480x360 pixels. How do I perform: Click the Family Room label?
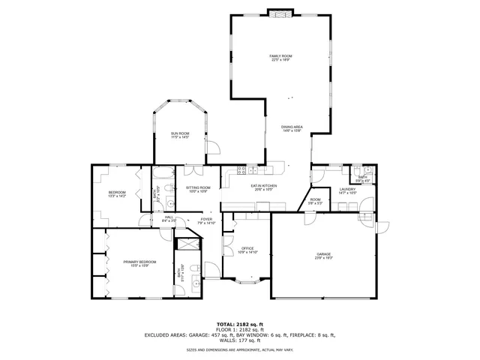click(280, 58)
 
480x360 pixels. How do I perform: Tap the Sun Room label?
click(179, 136)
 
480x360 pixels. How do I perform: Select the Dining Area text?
click(292, 129)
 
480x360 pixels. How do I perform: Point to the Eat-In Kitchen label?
click(264, 187)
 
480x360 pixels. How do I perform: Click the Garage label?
click(323, 256)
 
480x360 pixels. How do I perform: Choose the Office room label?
click(247, 250)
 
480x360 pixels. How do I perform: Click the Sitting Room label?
click(198, 189)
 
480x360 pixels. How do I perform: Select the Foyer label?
click(206, 221)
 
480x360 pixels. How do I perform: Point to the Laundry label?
click(347, 191)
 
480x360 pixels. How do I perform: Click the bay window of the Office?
click(247, 283)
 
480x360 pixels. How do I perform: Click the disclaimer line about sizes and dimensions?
click(239, 349)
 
